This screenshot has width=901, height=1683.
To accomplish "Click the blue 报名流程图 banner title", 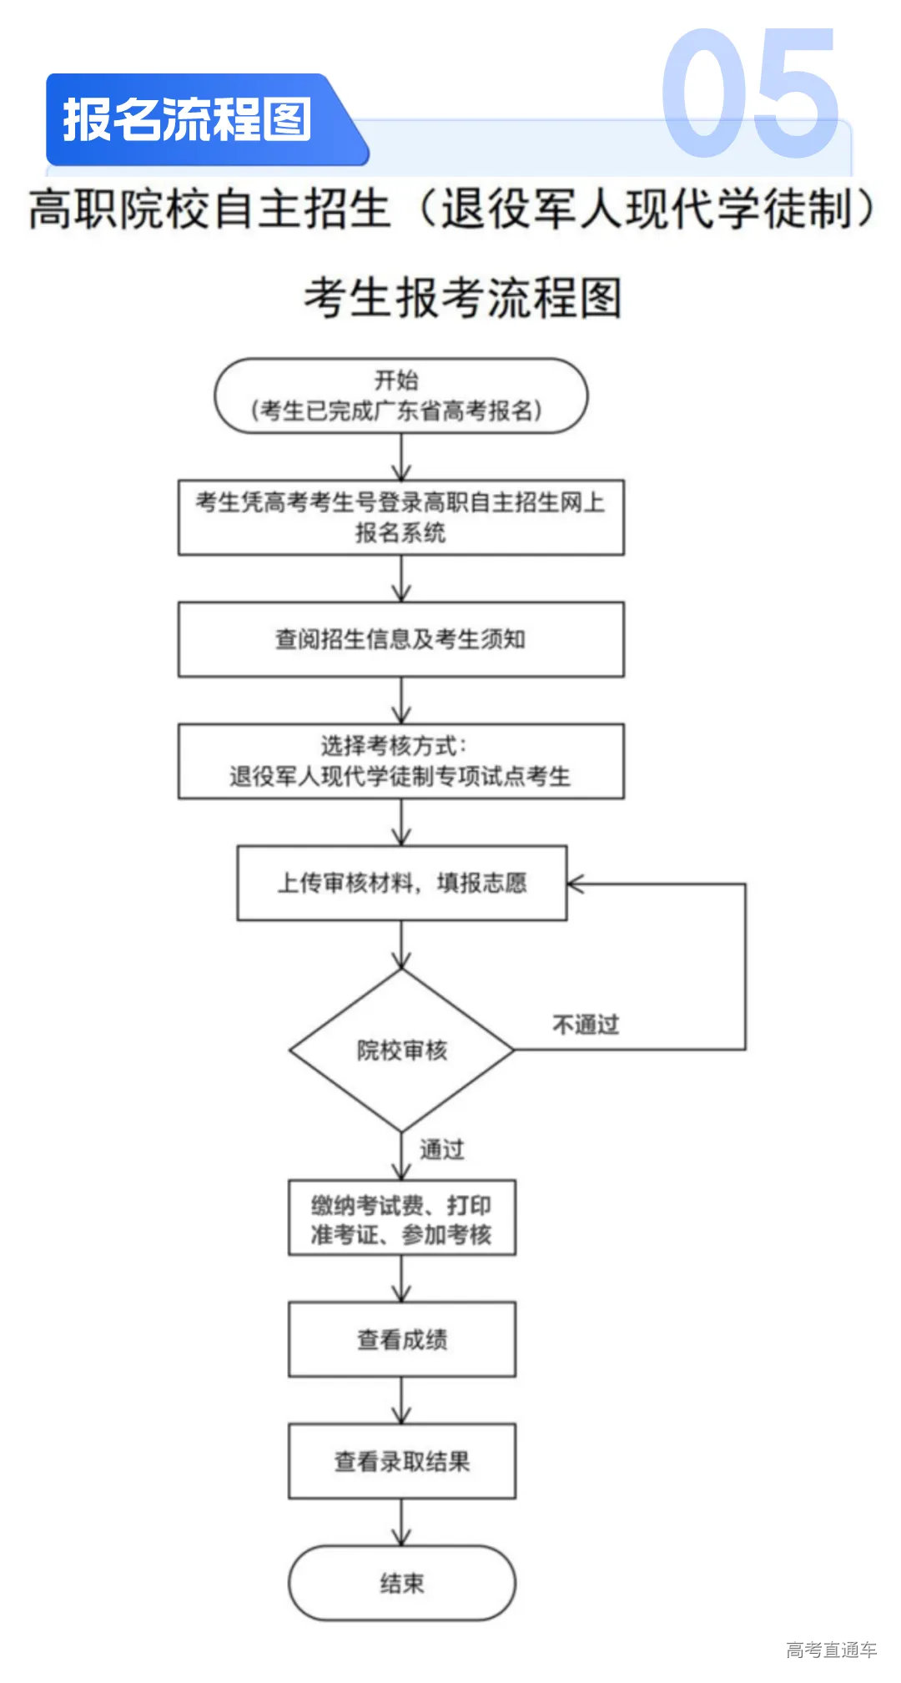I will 187,119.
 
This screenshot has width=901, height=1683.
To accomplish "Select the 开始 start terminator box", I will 400,396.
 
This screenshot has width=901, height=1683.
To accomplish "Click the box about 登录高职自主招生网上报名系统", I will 400,516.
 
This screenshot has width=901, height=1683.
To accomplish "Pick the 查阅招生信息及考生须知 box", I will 400,639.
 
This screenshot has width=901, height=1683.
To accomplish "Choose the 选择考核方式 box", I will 400,761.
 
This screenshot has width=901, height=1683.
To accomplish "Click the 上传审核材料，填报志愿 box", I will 401,883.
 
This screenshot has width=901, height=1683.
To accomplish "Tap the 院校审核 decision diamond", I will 401,1050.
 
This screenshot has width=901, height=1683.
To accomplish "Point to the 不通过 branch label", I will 586,1025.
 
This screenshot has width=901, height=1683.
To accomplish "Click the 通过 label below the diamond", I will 441,1150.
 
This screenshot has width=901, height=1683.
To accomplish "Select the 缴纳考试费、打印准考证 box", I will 401,1218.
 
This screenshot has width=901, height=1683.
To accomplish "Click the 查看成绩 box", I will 401,1339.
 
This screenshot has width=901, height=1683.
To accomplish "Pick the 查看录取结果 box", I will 401,1461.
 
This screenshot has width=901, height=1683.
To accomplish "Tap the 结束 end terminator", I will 401,1583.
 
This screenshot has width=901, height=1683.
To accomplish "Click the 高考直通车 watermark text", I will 831,1650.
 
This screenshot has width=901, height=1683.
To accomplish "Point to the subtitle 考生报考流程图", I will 463,298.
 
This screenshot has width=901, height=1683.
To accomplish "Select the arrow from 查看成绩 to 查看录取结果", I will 401,1400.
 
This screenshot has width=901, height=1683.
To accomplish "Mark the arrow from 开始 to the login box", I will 401,456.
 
